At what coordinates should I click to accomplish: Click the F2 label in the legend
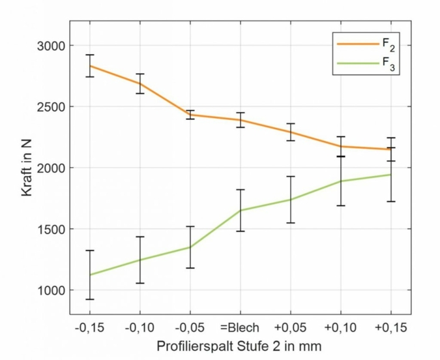389,45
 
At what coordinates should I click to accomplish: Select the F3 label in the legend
389,65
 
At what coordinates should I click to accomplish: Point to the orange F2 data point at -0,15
90,66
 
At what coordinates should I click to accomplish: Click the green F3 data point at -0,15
90,275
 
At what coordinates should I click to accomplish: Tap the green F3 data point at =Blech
241,210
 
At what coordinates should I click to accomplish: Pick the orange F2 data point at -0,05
190,115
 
